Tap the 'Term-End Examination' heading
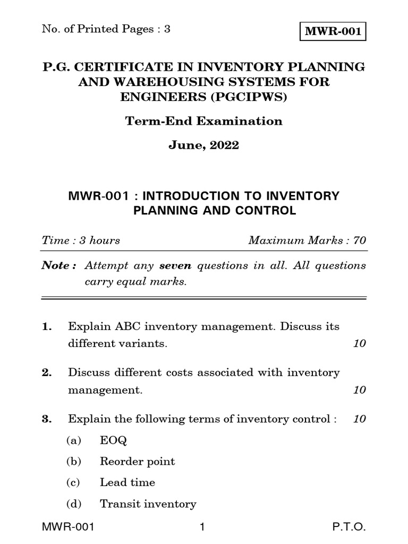[204, 121]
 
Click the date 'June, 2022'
[204, 145]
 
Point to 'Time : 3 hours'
[81, 240]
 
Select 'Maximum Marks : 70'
[307, 240]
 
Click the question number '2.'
[46, 373]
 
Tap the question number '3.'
[46, 419]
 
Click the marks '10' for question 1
[360, 343]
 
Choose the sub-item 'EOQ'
[113, 440]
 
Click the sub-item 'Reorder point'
[137, 462]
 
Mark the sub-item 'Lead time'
[127, 482]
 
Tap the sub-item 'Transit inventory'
[148, 504]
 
